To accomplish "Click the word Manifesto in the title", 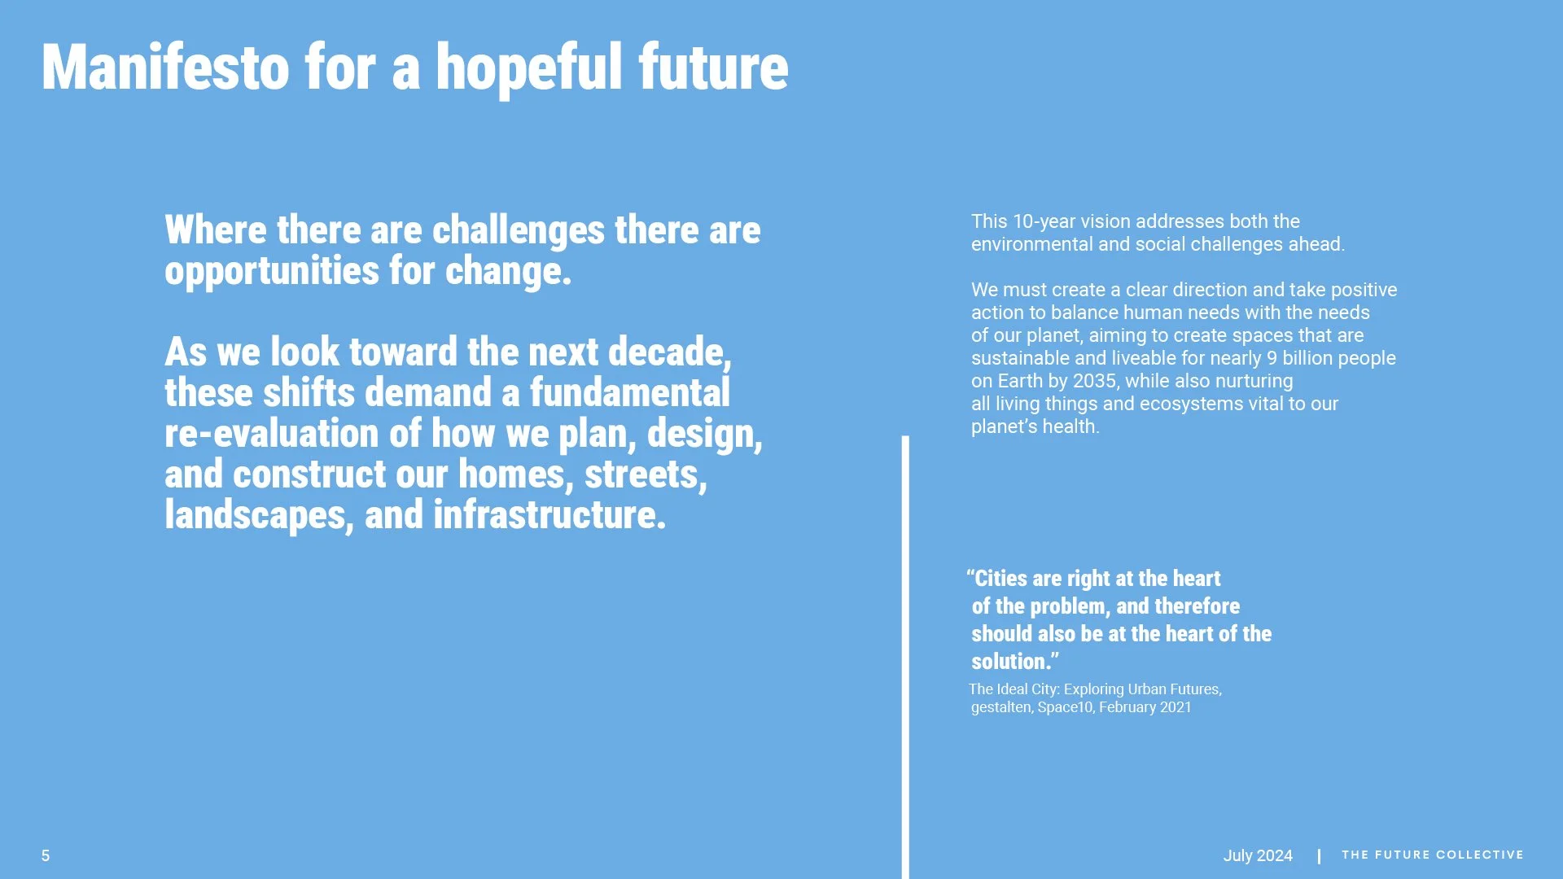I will tap(165, 67).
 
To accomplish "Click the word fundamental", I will tap(629, 393).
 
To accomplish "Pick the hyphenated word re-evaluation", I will tap(272, 434).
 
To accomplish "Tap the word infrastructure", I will tap(549, 515).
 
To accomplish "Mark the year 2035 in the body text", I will tap(1093, 381).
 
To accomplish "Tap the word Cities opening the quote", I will tap(1000, 579).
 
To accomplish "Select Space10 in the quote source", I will tap(1065, 707).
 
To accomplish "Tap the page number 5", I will tap(46, 855).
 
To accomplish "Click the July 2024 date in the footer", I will tap(1258, 855).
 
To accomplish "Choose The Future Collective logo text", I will tap(1432, 855).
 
